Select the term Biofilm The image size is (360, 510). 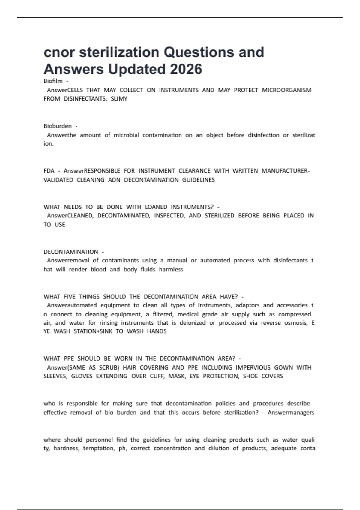pyautogui.click(x=53, y=81)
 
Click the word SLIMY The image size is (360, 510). pyautogui.click(x=119, y=99)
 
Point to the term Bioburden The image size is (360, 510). pyautogui.click(x=58, y=126)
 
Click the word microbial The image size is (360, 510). pyautogui.click(x=126, y=135)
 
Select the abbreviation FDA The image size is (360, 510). pyautogui.click(x=49, y=171)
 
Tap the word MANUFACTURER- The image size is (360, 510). pyautogui.click(x=286, y=171)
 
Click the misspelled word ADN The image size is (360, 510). pyautogui.click(x=114, y=180)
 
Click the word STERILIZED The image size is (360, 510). pyautogui.click(x=219, y=216)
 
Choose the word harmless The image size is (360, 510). pyautogui.click(x=171, y=269)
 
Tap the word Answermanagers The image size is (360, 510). pyautogui.click(x=291, y=412)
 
